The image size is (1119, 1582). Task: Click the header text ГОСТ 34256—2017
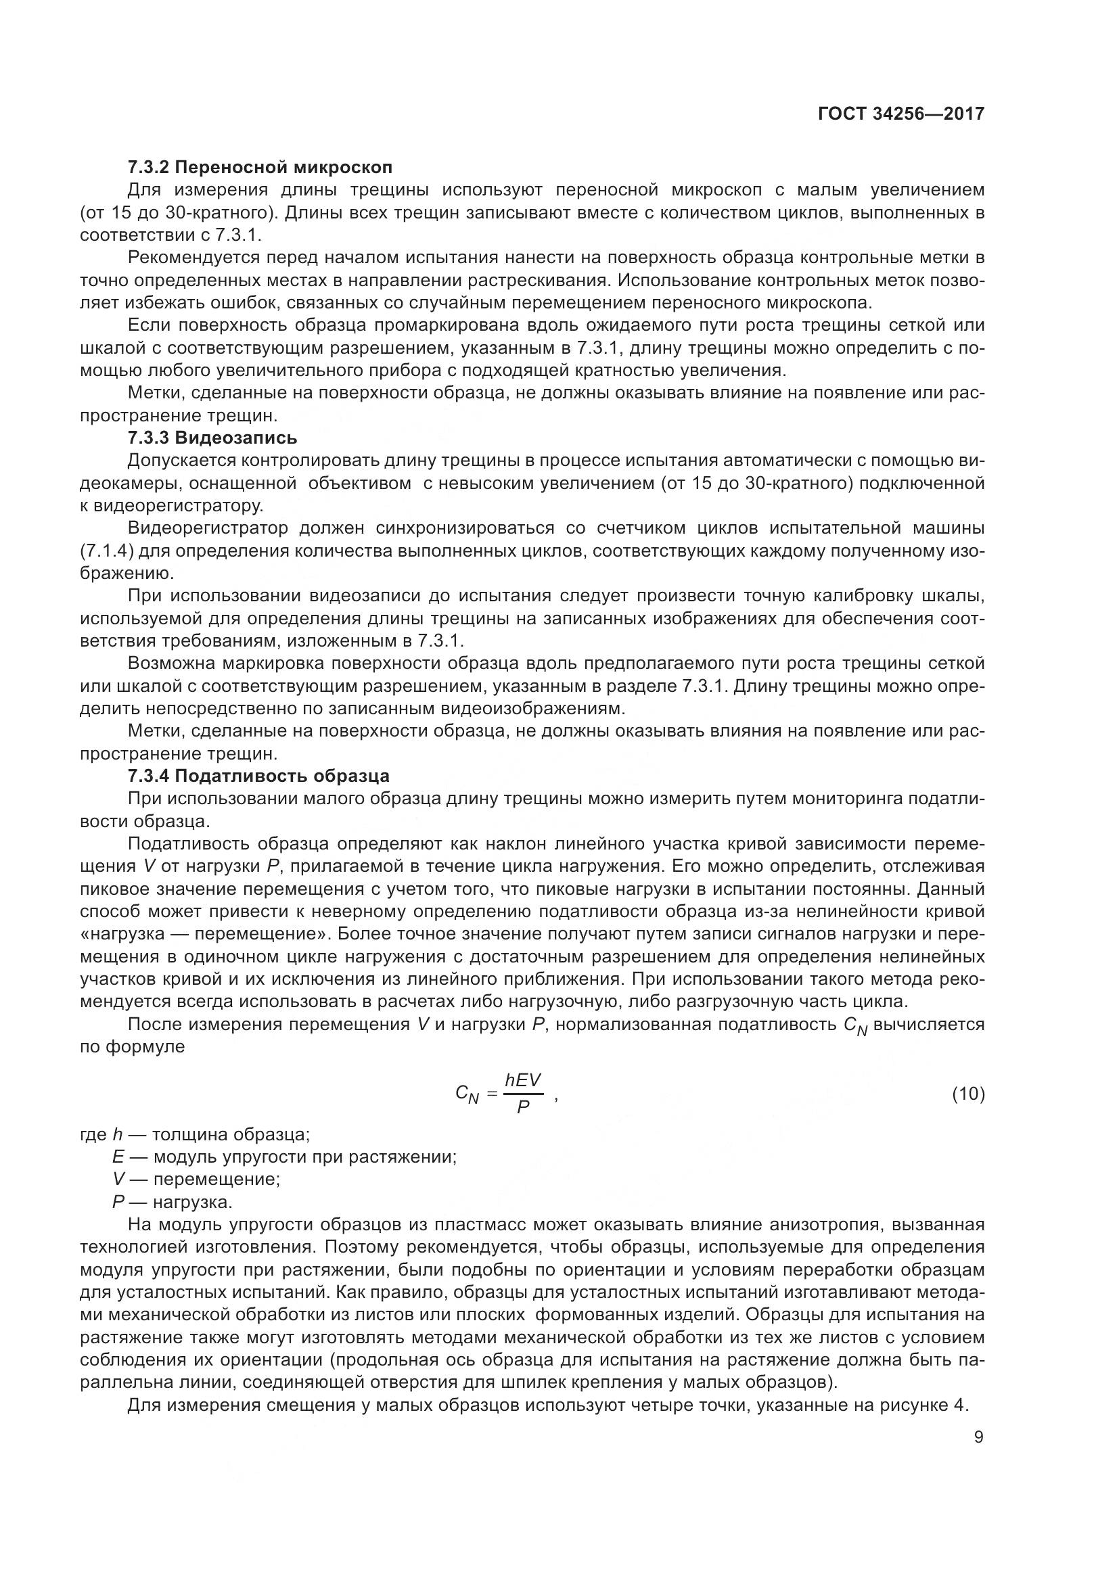pyautogui.click(x=900, y=114)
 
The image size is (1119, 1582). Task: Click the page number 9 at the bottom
pyautogui.click(x=978, y=1437)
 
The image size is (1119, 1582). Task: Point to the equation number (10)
pyautogui.click(x=968, y=1094)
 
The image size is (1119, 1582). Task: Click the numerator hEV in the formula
pyautogui.click(x=523, y=1081)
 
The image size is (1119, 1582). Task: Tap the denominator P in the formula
pyautogui.click(x=523, y=1107)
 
